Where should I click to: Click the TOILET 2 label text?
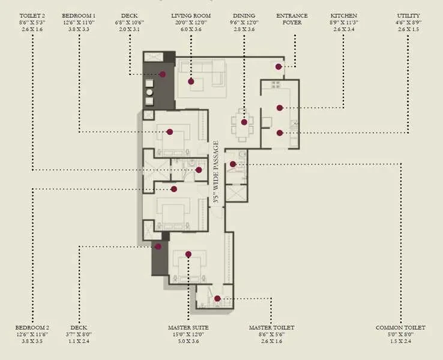point(32,16)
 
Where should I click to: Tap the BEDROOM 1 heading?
point(79,16)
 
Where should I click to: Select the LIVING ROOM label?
point(191,16)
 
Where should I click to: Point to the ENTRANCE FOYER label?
point(292,19)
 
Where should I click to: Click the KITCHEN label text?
point(344,16)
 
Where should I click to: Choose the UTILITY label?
point(408,16)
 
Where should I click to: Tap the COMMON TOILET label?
point(400,328)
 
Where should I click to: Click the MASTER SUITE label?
point(188,328)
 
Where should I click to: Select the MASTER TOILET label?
point(271,328)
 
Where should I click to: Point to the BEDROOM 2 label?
point(32,328)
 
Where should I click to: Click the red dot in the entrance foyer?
point(279,67)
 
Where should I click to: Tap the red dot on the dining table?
point(244,122)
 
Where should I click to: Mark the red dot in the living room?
point(191,82)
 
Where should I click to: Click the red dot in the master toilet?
point(217,298)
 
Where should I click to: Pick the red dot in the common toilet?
point(233,164)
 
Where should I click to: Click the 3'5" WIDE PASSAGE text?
point(216,172)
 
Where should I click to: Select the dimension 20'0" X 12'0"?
point(191,23)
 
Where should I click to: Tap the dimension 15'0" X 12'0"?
point(188,335)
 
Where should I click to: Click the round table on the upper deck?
point(149,92)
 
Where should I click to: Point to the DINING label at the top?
point(244,16)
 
